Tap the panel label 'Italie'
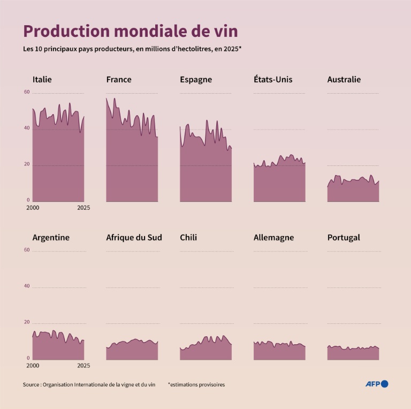(x=42, y=80)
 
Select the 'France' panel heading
(x=119, y=80)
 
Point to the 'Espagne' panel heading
(x=196, y=80)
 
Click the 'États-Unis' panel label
(x=273, y=80)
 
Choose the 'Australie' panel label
(x=344, y=80)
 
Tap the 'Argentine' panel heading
(x=51, y=237)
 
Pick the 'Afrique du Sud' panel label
(x=134, y=237)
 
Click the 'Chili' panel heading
(x=188, y=237)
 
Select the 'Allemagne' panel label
(x=273, y=237)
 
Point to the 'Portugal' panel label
(x=344, y=237)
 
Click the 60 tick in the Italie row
(x=27, y=92)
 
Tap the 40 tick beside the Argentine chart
(x=27, y=286)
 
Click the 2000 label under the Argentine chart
(x=32, y=366)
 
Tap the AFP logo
(x=376, y=384)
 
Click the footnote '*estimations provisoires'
(x=196, y=384)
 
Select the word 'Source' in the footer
(x=31, y=384)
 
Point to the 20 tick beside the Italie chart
(x=27, y=164)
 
